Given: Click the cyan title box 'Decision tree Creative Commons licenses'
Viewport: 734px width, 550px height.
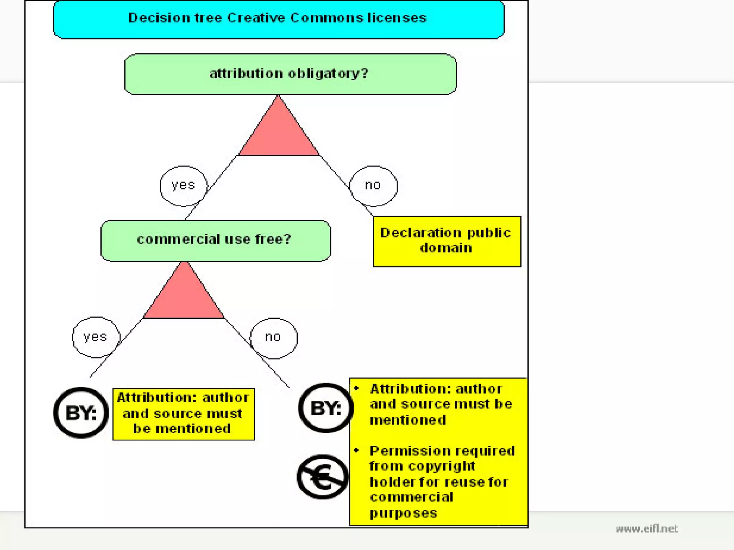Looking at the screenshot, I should pyautogui.click(x=278, y=20).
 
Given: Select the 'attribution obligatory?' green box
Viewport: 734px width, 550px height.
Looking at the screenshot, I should pyautogui.click(x=290, y=74).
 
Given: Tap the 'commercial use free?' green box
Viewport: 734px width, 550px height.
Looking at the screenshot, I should pyautogui.click(x=215, y=241).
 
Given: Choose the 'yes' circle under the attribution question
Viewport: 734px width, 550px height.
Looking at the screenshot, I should pyautogui.click(x=183, y=186).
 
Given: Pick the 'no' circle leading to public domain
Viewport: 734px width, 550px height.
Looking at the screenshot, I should pyautogui.click(x=373, y=186).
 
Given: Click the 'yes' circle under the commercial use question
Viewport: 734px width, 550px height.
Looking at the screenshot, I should pyautogui.click(x=96, y=337).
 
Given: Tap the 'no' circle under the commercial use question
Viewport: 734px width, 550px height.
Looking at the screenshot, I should pyautogui.click(x=273, y=338).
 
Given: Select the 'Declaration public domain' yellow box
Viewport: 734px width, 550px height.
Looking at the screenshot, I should pyautogui.click(x=447, y=241).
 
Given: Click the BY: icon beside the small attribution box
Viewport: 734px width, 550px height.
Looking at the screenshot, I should pyautogui.click(x=81, y=412).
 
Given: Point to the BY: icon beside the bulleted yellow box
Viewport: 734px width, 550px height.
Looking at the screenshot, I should pyautogui.click(x=326, y=408).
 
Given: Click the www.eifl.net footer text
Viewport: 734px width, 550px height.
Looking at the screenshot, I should pyautogui.click(x=647, y=529).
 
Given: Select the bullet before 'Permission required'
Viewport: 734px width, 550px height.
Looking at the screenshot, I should pyautogui.click(x=356, y=450).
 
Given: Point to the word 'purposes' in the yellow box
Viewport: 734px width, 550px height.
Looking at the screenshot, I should pyautogui.click(x=403, y=513).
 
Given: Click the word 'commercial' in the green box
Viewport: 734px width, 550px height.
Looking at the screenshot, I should pyautogui.click(x=178, y=239).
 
